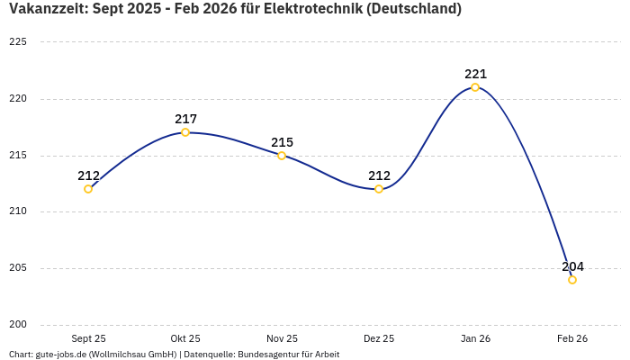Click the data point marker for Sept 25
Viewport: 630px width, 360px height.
tap(88, 189)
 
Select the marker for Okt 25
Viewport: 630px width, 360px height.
tap(185, 132)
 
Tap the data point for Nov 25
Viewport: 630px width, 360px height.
tap(282, 156)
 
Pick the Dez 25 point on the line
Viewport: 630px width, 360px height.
tap(379, 189)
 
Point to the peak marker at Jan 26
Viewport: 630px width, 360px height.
tap(475, 87)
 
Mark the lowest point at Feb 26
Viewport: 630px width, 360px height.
tap(572, 280)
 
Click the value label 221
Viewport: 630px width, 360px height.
tap(475, 74)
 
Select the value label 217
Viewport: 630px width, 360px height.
tap(185, 119)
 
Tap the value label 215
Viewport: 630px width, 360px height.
tap(282, 142)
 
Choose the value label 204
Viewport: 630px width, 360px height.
tap(572, 266)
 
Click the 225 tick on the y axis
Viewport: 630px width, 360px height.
tap(18, 42)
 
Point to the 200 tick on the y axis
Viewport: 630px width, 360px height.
tap(18, 325)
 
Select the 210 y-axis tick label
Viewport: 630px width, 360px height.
tap(18, 211)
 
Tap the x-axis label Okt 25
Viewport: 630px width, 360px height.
tap(185, 338)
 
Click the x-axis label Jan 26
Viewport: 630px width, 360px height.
tap(475, 338)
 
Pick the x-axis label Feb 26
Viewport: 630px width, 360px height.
tap(572, 338)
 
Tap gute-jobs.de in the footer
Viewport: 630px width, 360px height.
tap(60, 355)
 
